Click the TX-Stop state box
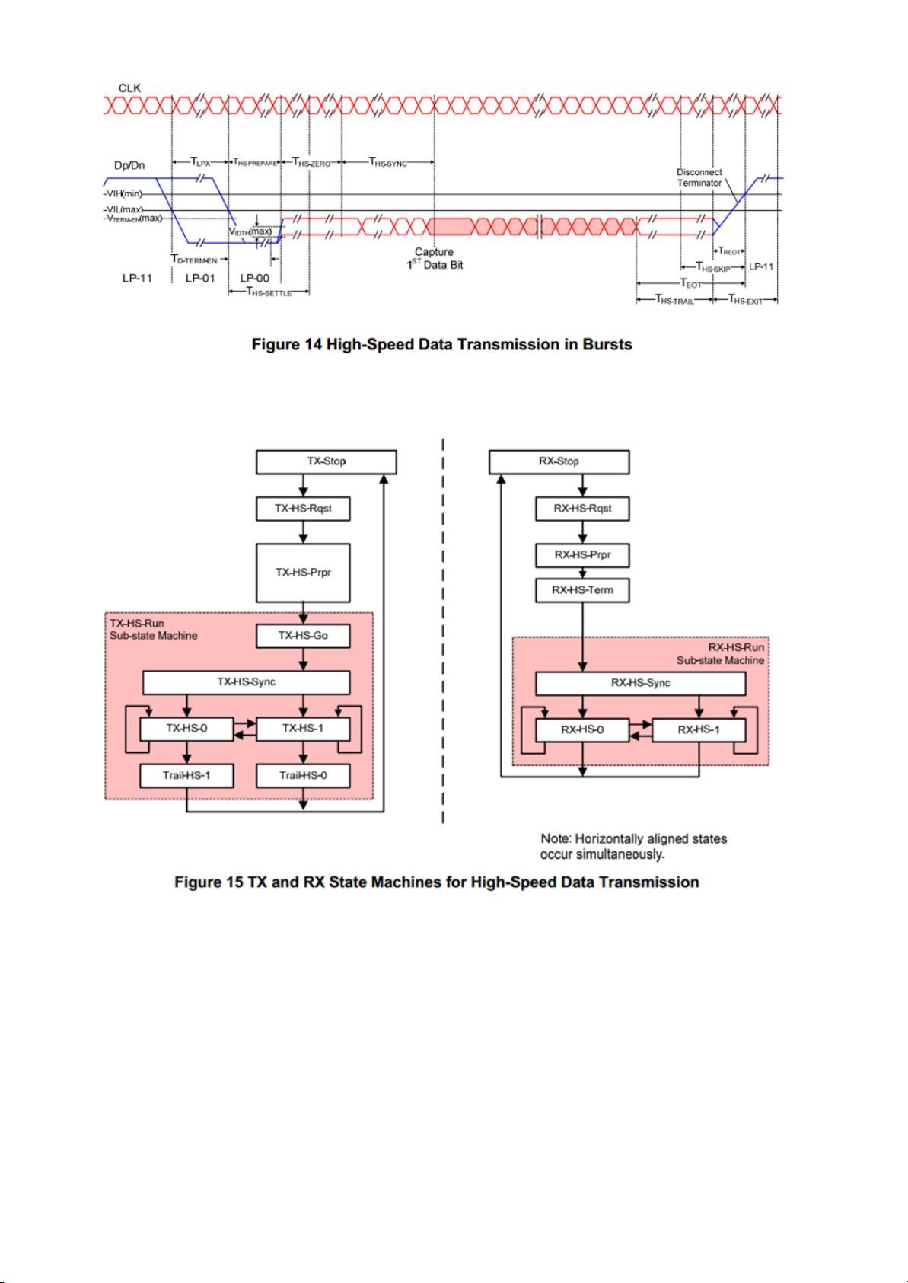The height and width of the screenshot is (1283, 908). pos(327,461)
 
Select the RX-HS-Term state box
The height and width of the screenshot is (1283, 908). pos(582,591)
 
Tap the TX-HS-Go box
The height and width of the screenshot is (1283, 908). pos(303,636)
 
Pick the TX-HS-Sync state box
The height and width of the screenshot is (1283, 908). pos(246,682)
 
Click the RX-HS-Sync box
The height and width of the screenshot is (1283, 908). pos(641,683)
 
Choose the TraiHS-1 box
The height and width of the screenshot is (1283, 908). pos(186,776)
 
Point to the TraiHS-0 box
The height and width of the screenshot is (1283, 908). pos(303,776)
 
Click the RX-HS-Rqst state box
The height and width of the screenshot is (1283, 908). pos(582,509)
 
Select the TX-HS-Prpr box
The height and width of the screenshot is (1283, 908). pos(303,573)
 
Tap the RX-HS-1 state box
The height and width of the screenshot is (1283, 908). pos(699,730)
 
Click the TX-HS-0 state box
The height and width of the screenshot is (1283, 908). pos(186,729)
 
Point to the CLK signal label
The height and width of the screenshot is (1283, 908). pos(129,88)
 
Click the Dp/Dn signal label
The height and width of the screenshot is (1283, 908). pos(129,165)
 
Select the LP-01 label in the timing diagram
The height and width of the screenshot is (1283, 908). pos(200,279)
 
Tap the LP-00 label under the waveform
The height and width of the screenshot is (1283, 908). pos(254,279)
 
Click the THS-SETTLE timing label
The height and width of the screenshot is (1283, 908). pos(269,292)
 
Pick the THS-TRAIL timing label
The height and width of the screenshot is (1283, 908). pos(674,299)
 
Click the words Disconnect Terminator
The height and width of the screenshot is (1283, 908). pos(699,177)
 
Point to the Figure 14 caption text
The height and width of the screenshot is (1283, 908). pos(442,345)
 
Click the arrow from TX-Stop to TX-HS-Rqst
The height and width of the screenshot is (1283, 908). pos(304,486)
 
